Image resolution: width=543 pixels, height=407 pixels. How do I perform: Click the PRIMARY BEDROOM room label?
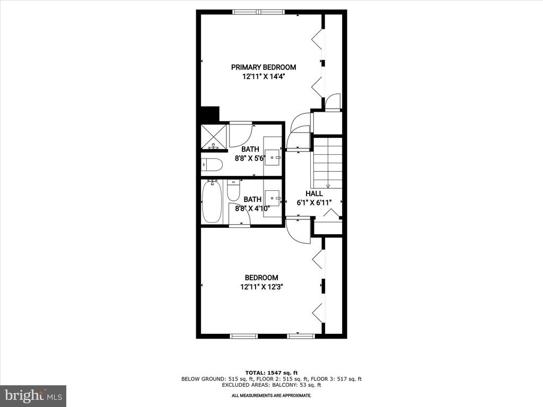point(264,67)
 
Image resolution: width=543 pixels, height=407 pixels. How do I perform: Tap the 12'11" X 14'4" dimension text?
point(264,77)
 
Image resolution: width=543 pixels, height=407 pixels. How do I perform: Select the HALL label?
point(314,193)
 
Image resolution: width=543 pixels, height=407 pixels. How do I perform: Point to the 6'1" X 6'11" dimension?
point(314,203)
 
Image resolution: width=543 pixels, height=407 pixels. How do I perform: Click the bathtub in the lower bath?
point(212,202)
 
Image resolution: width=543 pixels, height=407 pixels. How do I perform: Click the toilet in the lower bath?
point(233,191)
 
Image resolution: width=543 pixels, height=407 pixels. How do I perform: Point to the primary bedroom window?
point(259,12)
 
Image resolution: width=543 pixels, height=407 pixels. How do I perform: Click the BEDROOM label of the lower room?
point(261,278)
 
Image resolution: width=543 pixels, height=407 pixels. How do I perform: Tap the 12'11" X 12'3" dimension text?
point(261,287)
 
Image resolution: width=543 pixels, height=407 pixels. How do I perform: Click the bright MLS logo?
point(33,395)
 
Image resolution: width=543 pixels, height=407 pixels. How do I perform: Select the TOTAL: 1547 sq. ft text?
point(271,373)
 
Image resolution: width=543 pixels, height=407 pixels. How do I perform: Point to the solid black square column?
point(210,113)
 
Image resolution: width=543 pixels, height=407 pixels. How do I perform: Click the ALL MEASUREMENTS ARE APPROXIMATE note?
point(271,395)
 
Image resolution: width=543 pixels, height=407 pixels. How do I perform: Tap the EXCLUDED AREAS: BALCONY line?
point(271,385)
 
